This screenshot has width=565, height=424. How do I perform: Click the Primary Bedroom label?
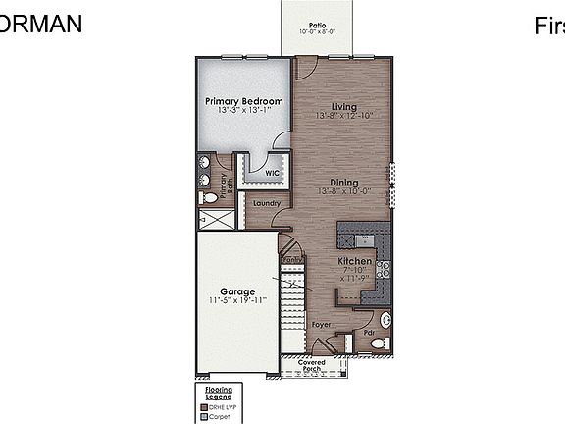pos(244,101)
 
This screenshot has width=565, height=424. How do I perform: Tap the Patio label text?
pos(317,24)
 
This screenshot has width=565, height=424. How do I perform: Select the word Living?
pos(343,106)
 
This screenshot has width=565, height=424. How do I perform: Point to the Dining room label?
pos(343,182)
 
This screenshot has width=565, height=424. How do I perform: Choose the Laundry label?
pos(266,204)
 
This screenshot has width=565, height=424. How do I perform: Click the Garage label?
pos(237,291)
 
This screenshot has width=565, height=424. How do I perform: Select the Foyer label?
pos(320,324)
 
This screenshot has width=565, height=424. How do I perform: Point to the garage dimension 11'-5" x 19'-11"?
pos(237,300)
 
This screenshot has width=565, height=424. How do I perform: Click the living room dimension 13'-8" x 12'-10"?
pos(343,116)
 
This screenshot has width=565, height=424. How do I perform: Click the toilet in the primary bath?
pos(208,197)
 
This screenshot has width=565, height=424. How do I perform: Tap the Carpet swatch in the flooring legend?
pos(202,416)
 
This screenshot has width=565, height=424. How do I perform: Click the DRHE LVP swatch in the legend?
pos(202,406)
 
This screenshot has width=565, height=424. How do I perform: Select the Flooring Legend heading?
pos(219,393)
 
